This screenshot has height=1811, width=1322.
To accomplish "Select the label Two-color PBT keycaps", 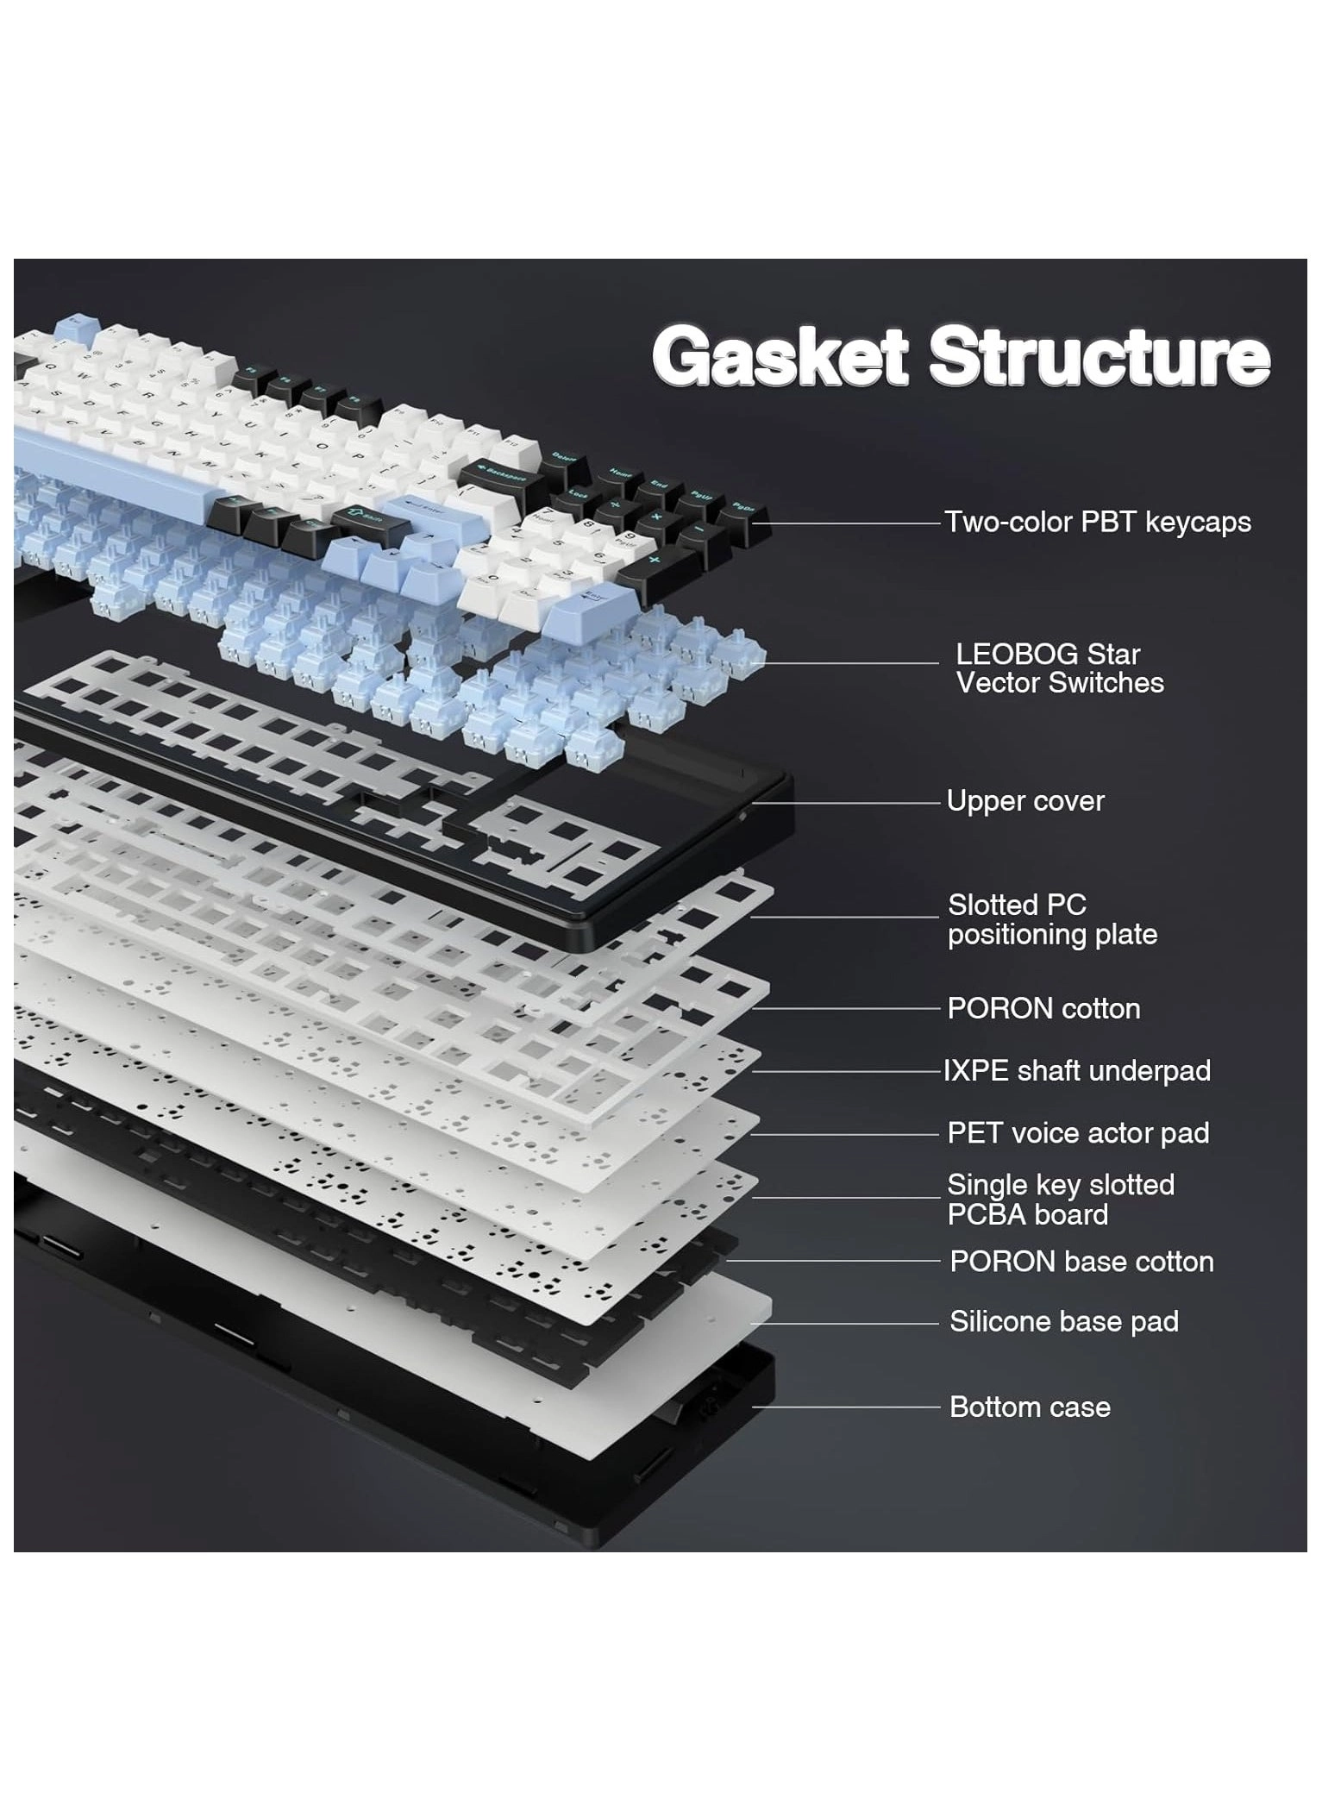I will tap(1097, 522).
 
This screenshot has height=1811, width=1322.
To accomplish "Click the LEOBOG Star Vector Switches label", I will tap(1059, 668).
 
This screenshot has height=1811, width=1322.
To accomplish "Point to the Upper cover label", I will tap(1024, 801).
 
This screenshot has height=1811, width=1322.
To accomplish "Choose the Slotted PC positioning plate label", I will tap(1052, 919).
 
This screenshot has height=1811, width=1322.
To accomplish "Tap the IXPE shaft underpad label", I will tap(1077, 1071).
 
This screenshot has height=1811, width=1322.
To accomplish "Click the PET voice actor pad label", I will tap(1078, 1133).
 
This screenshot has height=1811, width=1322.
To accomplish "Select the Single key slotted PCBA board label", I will tap(1060, 1200).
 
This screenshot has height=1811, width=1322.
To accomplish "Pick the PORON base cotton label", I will tap(1081, 1262).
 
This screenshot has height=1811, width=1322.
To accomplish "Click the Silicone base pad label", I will tap(1063, 1321).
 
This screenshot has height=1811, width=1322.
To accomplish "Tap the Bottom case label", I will tap(1030, 1407).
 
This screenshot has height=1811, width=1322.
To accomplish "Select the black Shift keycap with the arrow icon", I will tap(366, 517).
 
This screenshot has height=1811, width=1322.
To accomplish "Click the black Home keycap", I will tap(620, 473).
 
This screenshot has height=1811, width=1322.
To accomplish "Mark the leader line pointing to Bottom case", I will tap(845, 1407).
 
